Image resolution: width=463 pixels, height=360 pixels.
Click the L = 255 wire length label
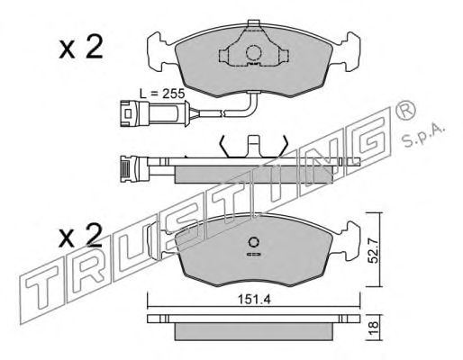(162, 94)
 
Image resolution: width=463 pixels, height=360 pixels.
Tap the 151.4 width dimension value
(254, 299)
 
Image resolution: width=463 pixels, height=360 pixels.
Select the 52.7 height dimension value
(373, 249)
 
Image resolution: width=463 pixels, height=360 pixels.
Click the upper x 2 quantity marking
(81, 47)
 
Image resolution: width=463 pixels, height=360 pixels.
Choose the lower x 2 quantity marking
(80, 236)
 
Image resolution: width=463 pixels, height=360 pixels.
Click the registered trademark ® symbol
(406, 111)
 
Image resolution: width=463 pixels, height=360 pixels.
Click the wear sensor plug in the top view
(134, 113)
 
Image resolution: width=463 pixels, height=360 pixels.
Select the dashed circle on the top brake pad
(254, 52)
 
